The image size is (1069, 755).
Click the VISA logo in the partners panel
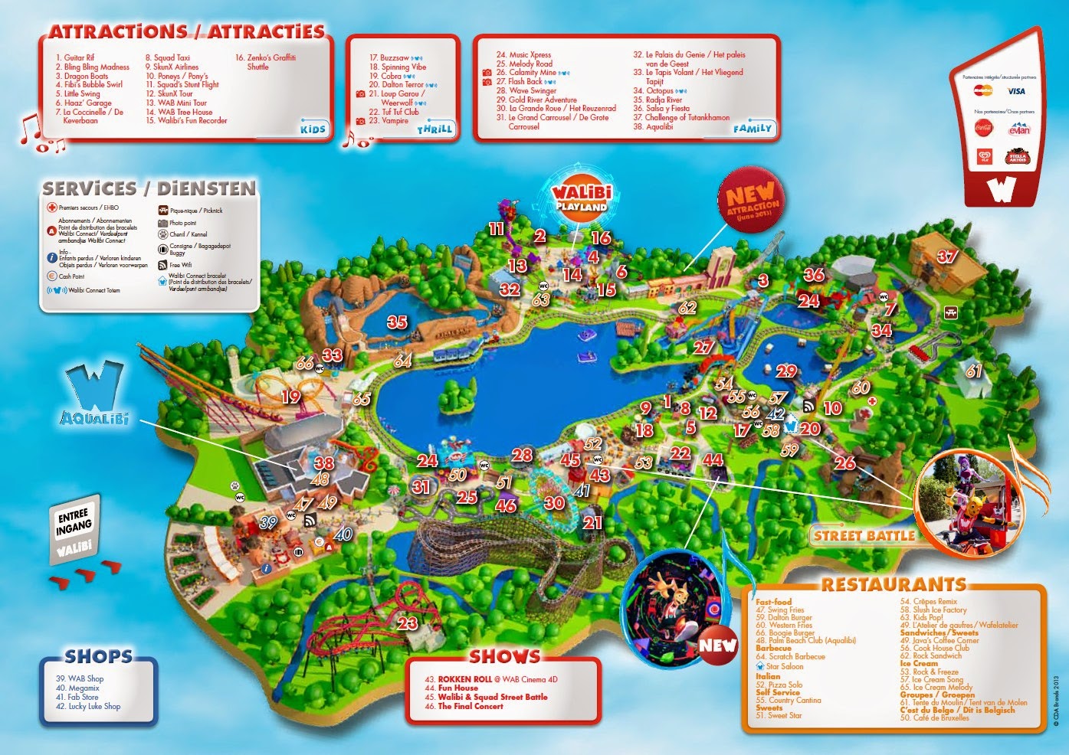point(1016,91)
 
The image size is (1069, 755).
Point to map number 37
point(946,257)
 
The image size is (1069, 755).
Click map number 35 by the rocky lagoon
point(397,322)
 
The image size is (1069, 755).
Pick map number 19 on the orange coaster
point(290,397)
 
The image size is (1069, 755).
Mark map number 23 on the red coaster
point(407,623)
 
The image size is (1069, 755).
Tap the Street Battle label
point(864,536)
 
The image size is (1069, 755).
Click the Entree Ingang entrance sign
point(74,531)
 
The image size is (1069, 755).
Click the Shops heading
point(98,656)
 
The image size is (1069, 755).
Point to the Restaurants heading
point(894,585)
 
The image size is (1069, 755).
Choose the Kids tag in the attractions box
point(313,129)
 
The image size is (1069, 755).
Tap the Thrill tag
point(434,129)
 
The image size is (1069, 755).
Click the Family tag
point(752,128)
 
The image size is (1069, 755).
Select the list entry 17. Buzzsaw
point(389,58)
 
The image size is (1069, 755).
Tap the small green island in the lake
point(454,398)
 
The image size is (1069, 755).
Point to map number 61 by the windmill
point(973,371)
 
